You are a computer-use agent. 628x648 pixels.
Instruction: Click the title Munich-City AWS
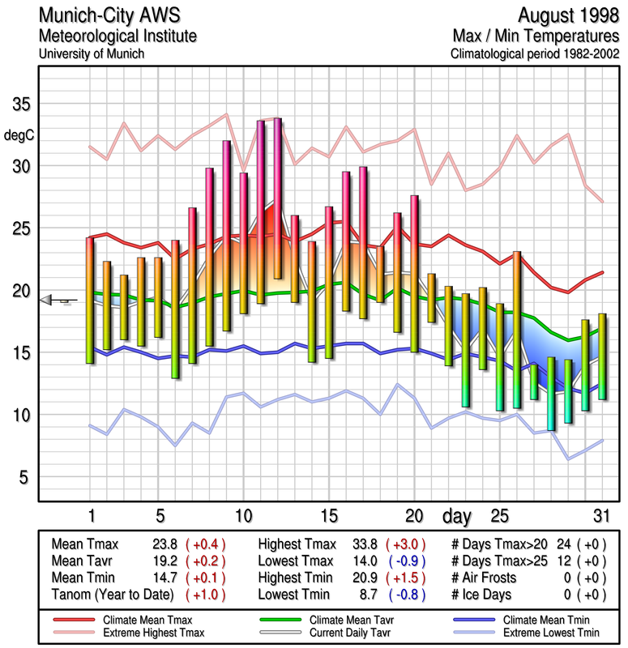coord(106,16)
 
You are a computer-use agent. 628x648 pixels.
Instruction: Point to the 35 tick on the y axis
coord(20,104)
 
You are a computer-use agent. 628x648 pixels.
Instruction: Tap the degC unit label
coord(21,134)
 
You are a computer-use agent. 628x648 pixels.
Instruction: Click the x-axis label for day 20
coord(415,516)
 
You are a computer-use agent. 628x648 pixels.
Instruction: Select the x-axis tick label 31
coord(601,516)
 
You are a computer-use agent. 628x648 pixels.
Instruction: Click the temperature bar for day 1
coord(90,300)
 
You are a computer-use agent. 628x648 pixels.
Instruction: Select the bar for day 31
coord(602,361)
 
